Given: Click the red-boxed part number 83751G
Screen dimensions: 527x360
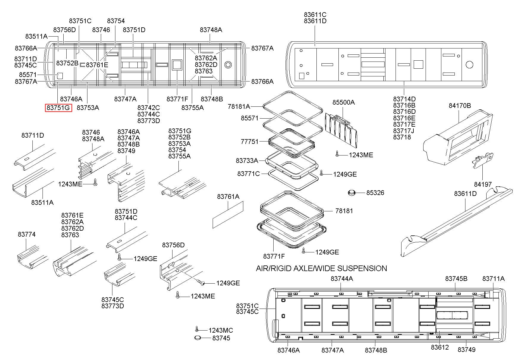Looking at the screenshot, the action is [59, 108].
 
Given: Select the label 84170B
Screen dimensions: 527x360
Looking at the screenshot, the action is [460, 106].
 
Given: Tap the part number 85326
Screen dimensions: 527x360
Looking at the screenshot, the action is [375, 193].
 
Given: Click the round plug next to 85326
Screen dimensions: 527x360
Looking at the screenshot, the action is [352, 193].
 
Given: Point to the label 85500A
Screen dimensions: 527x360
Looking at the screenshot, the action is [344, 102].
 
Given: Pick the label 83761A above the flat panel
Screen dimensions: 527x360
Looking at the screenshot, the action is [228, 196].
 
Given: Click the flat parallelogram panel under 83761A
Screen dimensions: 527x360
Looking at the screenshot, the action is [228, 215].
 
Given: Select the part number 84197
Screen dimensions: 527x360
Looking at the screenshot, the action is [483, 184].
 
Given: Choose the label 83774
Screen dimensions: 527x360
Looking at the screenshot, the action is [27, 234].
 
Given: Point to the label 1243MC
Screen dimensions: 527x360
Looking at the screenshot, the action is [221, 330].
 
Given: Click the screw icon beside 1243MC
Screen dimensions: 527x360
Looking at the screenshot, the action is [196, 328].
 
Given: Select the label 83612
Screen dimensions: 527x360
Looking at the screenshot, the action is [440, 347].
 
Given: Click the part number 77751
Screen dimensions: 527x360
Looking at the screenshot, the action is [250, 142].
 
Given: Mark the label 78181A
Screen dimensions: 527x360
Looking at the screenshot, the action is [239, 106].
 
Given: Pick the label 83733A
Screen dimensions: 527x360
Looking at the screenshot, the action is [247, 161].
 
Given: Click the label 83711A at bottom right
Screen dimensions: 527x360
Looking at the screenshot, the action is [493, 279].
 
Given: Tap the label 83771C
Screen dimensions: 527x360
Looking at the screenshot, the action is [249, 174].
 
